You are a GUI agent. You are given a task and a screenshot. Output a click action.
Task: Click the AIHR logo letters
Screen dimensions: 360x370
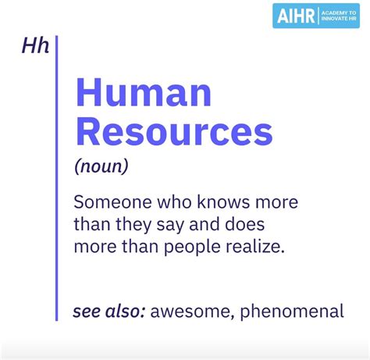pos(296,16)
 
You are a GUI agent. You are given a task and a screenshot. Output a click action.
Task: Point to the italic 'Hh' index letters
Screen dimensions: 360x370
pos(36,47)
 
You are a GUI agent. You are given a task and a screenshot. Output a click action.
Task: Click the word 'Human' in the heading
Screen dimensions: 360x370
pos(144,94)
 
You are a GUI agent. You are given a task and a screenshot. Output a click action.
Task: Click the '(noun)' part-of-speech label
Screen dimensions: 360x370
pos(101,166)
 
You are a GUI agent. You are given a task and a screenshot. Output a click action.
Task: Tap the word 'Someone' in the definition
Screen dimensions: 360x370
pos(106,202)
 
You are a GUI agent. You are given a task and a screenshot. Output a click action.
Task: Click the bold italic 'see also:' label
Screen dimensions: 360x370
pos(108,312)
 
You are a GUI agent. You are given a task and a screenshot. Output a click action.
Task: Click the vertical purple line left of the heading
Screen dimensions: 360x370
pos(57,180)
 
